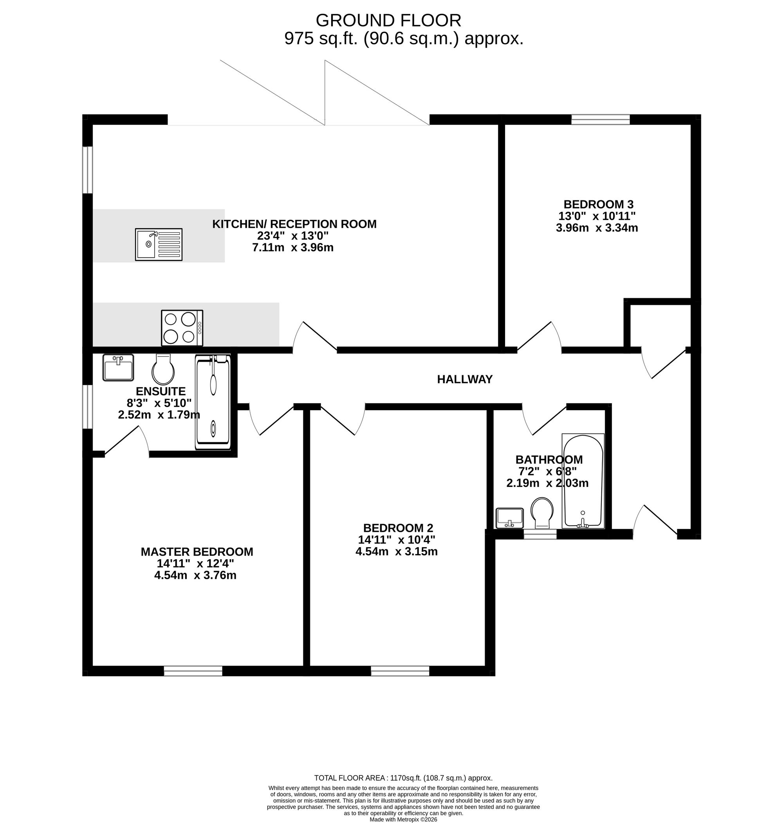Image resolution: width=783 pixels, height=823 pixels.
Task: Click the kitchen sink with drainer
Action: pyautogui.click(x=159, y=245)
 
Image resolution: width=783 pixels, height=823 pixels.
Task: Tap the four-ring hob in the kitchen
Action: pyautogui.click(x=182, y=328)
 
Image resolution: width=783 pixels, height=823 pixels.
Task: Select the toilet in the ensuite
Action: pyautogui.click(x=163, y=369)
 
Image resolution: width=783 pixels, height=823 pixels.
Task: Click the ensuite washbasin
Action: pyautogui.click(x=118, y=367)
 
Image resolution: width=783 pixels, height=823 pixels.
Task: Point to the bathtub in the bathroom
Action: pyautogui.click(x=583, y=481)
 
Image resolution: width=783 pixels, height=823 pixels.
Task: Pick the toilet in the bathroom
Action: pyautogui.click(x=542, y=513)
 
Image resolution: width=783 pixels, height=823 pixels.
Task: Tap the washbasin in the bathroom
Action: pyautogui.click(x=510, y=518)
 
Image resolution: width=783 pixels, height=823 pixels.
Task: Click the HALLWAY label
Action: pyautogui.click(x=465, y=379)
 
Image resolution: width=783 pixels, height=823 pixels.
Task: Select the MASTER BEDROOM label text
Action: pyautogui.click(x=197, y=552)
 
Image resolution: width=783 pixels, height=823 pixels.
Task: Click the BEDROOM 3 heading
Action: pyautogui.click(x=599, y=204)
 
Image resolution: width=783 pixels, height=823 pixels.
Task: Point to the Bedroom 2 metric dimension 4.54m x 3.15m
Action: pyautogui.click(x=397, y=551)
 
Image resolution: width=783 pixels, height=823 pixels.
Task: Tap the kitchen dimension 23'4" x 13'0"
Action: pyautogui.click(x=293, y=236)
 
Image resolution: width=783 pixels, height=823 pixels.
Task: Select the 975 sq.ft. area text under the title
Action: pyautogui.click(x=404, y=39)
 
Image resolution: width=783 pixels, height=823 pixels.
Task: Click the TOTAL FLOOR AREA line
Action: pyautogui.click(x=404, y=778)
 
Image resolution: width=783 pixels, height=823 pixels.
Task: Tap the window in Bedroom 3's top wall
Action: pyautogui.click(x=601, y=120)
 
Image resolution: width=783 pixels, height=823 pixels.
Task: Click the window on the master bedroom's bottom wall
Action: pyautogui.click(x=193, y=671)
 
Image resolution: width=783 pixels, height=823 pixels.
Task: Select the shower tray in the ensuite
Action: pyautogui.click(x=213, y=402)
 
